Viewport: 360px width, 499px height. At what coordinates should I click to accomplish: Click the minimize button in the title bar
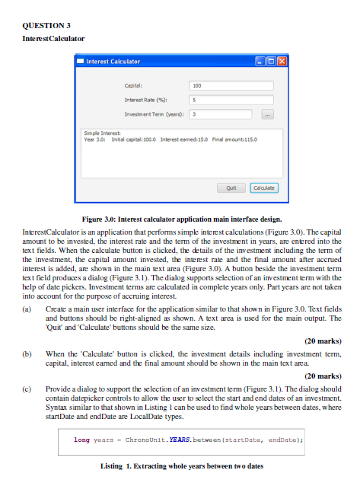(x=260, y=61)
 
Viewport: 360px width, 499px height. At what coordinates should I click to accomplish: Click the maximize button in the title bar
(x=270, y=61)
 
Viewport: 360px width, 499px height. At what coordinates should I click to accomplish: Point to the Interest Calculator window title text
(x=113, y=61)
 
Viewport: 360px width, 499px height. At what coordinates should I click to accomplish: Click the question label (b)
(x=27, y=354)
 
